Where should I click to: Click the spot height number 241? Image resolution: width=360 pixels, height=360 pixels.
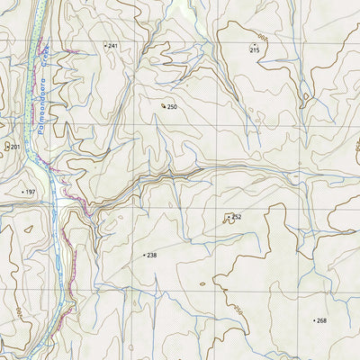(x=113, y=45)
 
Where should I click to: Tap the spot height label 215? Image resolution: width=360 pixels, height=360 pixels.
(x=255, y=49)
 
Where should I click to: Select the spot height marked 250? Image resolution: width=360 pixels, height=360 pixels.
(x=172, y=107)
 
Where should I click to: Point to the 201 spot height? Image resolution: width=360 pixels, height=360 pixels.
(x=13, y=146)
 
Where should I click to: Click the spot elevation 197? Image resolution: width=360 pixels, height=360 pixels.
(x=30, y=193)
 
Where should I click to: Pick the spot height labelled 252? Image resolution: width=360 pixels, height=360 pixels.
(x=237, y=217)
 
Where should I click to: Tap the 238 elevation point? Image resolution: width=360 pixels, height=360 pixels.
(x=151, y=256)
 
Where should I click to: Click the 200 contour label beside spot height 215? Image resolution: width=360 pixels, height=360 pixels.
(x=261, y=38)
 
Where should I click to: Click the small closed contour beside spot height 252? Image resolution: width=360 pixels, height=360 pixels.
(x=229, y=218)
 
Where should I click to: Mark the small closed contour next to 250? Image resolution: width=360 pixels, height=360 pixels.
(x=163, y=105)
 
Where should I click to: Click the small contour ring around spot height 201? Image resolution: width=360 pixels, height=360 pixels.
(x=6, y=146)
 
